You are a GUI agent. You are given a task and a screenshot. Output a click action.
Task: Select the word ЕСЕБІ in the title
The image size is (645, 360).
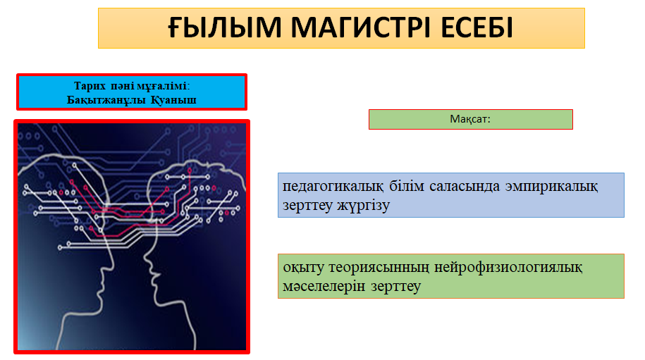point(477,27)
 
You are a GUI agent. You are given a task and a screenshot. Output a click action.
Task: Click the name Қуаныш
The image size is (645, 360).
point(173,100)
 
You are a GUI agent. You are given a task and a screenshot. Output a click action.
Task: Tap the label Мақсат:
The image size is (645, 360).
point(470,119)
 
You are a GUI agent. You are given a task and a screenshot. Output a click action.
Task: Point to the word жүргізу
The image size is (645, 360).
point(363,205)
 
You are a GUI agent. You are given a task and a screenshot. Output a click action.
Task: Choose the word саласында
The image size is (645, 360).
point(465,186)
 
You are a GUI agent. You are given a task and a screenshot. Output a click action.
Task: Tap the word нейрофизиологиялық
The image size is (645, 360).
point(508,268)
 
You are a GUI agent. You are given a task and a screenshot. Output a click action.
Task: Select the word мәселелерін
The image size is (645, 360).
point(324,287)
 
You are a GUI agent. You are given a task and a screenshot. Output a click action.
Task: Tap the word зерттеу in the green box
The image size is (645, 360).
point(395,287)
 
